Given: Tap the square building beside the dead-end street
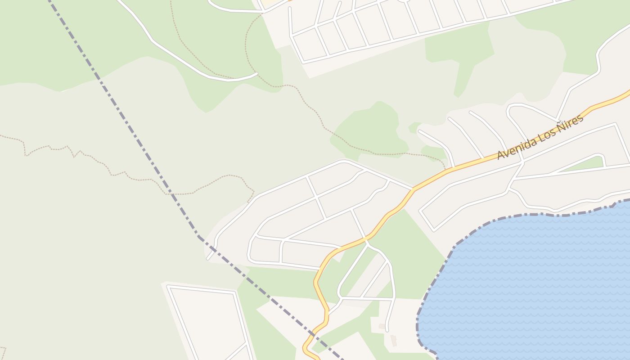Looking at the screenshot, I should point(382,326).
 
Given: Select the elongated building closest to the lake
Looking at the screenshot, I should point(394,341).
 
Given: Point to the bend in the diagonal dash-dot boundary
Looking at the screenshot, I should point(198,235).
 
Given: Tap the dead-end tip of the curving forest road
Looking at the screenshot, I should point(256,73).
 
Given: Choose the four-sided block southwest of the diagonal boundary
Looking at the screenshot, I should point(209,322).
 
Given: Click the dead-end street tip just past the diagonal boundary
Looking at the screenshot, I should point(208,258).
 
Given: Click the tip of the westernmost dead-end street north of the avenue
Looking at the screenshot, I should point(419,131).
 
